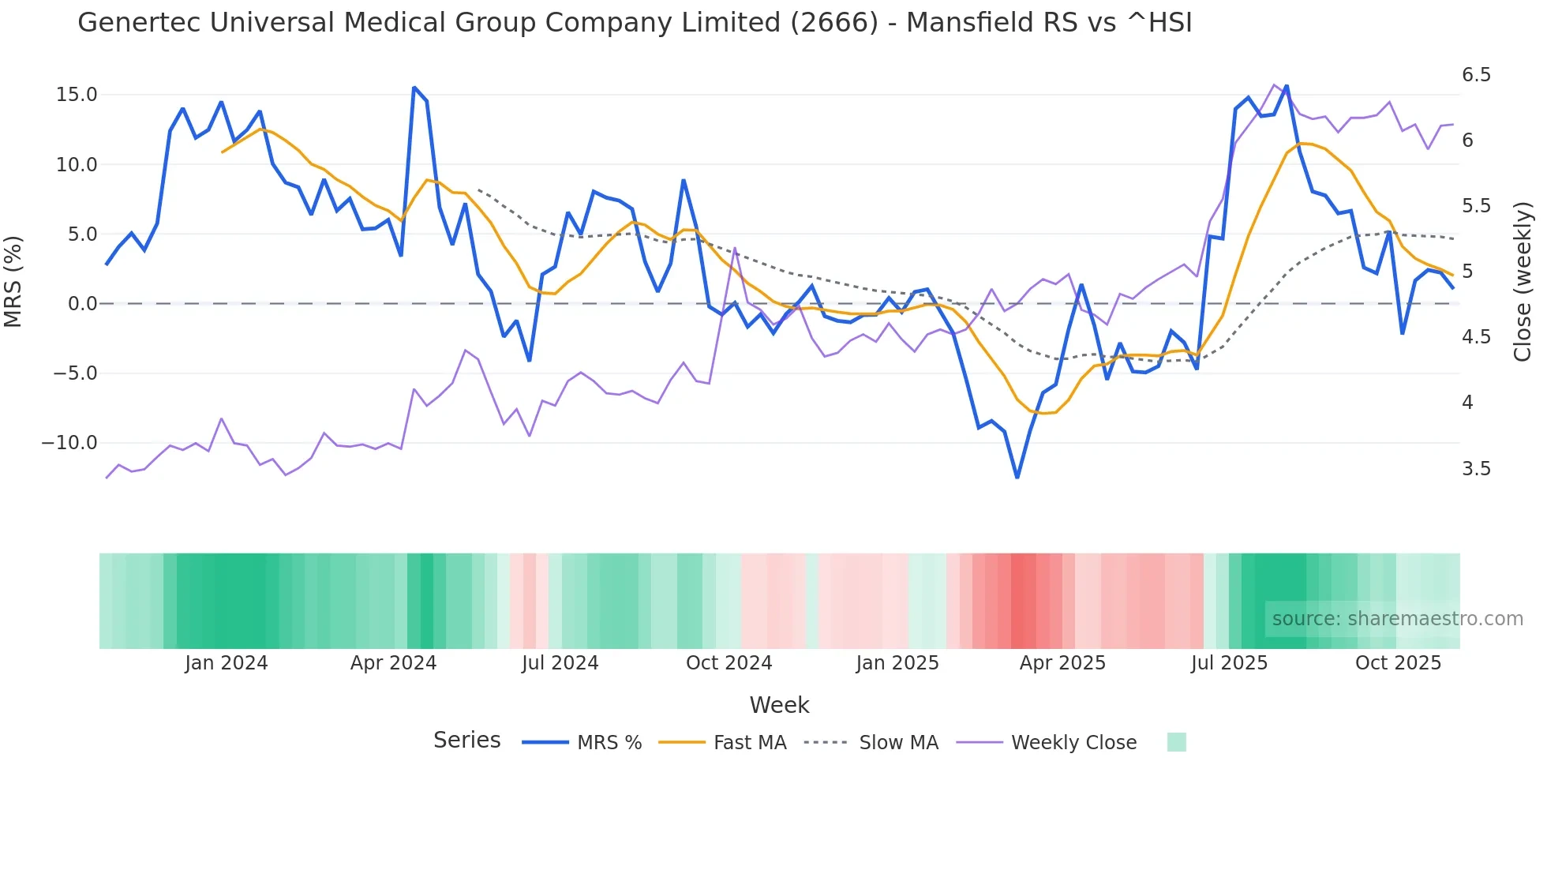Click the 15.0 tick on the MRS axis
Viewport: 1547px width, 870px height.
point(77,95)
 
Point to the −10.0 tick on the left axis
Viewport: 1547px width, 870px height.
point(69,443)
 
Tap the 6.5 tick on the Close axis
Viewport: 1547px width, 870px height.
point(1476,75)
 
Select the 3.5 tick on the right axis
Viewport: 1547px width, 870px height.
point(1476,469)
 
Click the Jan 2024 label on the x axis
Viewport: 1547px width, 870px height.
point(227,663)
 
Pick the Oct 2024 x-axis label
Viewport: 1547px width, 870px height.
point(729,663)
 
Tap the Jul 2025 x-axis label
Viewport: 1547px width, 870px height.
point(1229,663)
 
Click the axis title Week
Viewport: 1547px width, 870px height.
point(779,705)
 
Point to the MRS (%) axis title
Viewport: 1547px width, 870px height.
point(13,281)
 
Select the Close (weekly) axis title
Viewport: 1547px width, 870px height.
point(1523,281)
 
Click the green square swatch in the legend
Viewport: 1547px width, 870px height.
point(1176,742)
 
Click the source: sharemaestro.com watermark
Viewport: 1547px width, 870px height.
point(1397,619)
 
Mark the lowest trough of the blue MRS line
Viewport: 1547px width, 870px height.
point(1017,477)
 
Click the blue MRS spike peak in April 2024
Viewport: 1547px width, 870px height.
point(414,88)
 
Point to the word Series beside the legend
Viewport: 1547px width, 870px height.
point(466,741)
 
